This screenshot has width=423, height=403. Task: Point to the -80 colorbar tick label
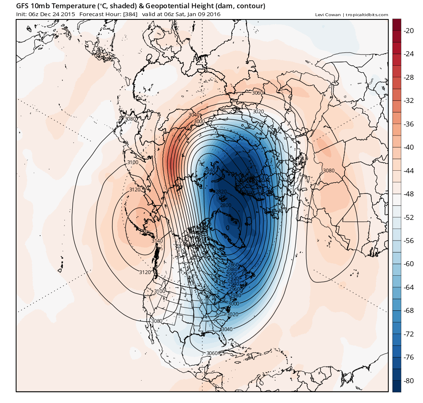click(x=409, y=380)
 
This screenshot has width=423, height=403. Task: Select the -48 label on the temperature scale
click(x=409, y=193)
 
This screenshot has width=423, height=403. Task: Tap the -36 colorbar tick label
click(x=409, y=124)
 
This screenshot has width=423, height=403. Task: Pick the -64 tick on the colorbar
click(x=409, y=287)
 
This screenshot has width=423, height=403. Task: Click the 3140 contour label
click(x=157, y=241)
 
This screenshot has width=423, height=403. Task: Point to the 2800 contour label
click(x=226, y=205)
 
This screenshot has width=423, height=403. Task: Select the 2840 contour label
click(x=210, y=170)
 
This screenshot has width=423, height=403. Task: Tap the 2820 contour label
click(x=221, y=191)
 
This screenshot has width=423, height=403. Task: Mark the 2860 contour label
click(x=233, y=265)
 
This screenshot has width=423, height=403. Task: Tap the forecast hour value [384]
click(x=130, y=14)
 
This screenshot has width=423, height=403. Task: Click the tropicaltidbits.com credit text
click(x=366, y=15)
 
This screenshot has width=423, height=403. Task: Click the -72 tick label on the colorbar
click(x=409, y=334)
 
